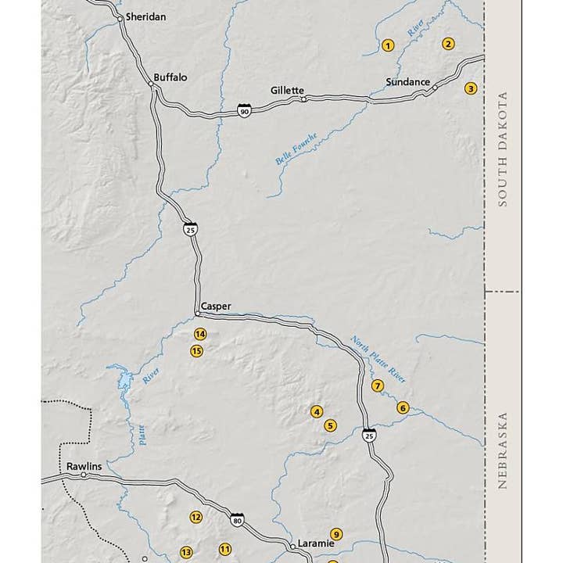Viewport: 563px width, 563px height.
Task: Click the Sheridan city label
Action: (145, 16)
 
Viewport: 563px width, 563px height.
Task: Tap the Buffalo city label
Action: (170, 77)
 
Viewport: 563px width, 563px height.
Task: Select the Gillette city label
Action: (287, 90)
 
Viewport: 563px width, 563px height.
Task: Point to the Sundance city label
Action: (407, 82)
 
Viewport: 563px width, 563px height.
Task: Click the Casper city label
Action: (216, 307)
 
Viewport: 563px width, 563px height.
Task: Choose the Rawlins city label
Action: (84, 466)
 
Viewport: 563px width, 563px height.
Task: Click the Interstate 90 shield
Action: (245, 112)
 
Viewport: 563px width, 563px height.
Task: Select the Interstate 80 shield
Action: (237, 520)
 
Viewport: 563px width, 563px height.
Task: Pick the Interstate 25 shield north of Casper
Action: (190, 228)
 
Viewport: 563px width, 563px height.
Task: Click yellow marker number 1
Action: (387, 45)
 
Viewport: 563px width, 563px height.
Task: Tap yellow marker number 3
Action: (471, 88)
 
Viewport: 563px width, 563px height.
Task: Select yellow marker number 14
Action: (200, 334)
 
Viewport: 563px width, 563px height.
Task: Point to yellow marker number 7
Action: (378, 385)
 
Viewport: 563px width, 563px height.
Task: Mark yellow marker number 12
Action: (196, 517)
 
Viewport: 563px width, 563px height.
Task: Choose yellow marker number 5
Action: (330, 425)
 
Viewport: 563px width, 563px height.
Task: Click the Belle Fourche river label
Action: (296, 149)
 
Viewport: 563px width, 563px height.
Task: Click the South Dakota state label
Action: (503, 149)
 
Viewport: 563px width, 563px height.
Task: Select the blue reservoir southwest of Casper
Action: (124, 382)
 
